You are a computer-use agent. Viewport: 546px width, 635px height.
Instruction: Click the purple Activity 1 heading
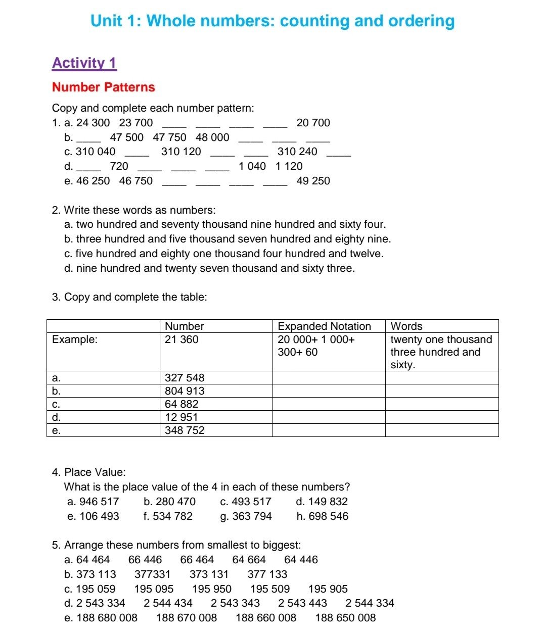pos(84,63)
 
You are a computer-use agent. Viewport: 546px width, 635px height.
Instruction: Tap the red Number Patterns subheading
pos(103,87)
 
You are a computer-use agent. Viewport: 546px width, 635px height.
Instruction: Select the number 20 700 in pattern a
pos(313,123)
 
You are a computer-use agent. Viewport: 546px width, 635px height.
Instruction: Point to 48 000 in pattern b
pos(212,137)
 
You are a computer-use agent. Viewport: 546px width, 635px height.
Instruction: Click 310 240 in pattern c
pos(297,152)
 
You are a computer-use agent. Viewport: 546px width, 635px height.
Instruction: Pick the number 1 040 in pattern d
pos(252,166)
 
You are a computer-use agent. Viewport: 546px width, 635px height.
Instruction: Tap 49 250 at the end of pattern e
pos(313,181)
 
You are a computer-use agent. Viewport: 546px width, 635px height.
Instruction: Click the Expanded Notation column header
pos(324,326)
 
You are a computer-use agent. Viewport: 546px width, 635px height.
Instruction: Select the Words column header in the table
pos(406,326)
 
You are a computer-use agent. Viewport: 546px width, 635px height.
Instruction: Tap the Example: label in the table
pos(75,339)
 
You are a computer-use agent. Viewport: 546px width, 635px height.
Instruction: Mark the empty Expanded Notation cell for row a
pos(329,378)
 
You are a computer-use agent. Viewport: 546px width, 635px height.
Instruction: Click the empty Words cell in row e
pos(441,430)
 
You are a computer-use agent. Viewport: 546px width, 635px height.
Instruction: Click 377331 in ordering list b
pos(152,574)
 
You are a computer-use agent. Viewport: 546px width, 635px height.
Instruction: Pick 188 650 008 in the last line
pos(345,618)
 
